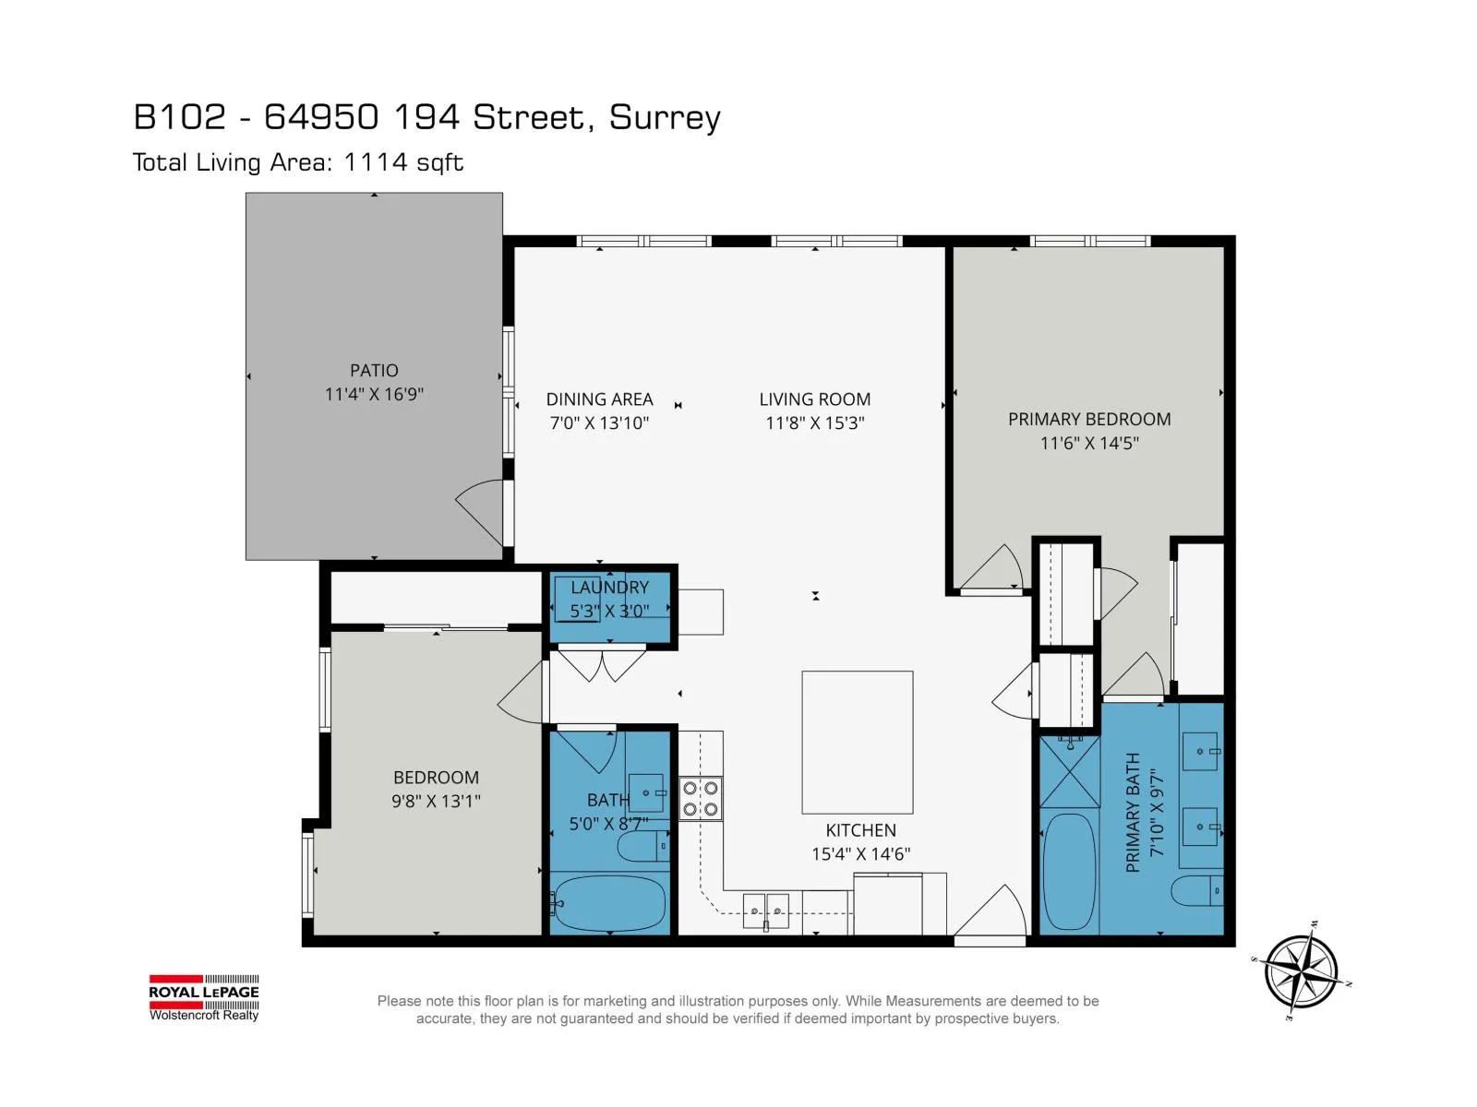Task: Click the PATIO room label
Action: tap(374, 370)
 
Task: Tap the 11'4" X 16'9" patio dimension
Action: tap(374, 395)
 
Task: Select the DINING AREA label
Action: tap(599, 399)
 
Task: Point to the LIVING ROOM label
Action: tap(814, 399)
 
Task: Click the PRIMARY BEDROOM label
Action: tap(1088, 420)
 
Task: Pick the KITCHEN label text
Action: tap(860, 830)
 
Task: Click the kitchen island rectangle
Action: tap(857, 742)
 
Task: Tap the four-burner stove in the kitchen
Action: tap(700, 799)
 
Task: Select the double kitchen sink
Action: tap(766, 911)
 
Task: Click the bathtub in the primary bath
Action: tap(1069, 873)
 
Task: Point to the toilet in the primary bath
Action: tap(1196, 891)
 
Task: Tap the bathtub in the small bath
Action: tap(609, 902)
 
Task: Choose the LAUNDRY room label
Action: tap(609, 588)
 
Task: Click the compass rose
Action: tap(1301, 971)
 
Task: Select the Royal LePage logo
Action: tap(204, 997)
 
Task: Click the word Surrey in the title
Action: tap(664, 118)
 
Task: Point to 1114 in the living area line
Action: tap(376, 162)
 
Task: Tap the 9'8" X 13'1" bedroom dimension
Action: tap(436, 801)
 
